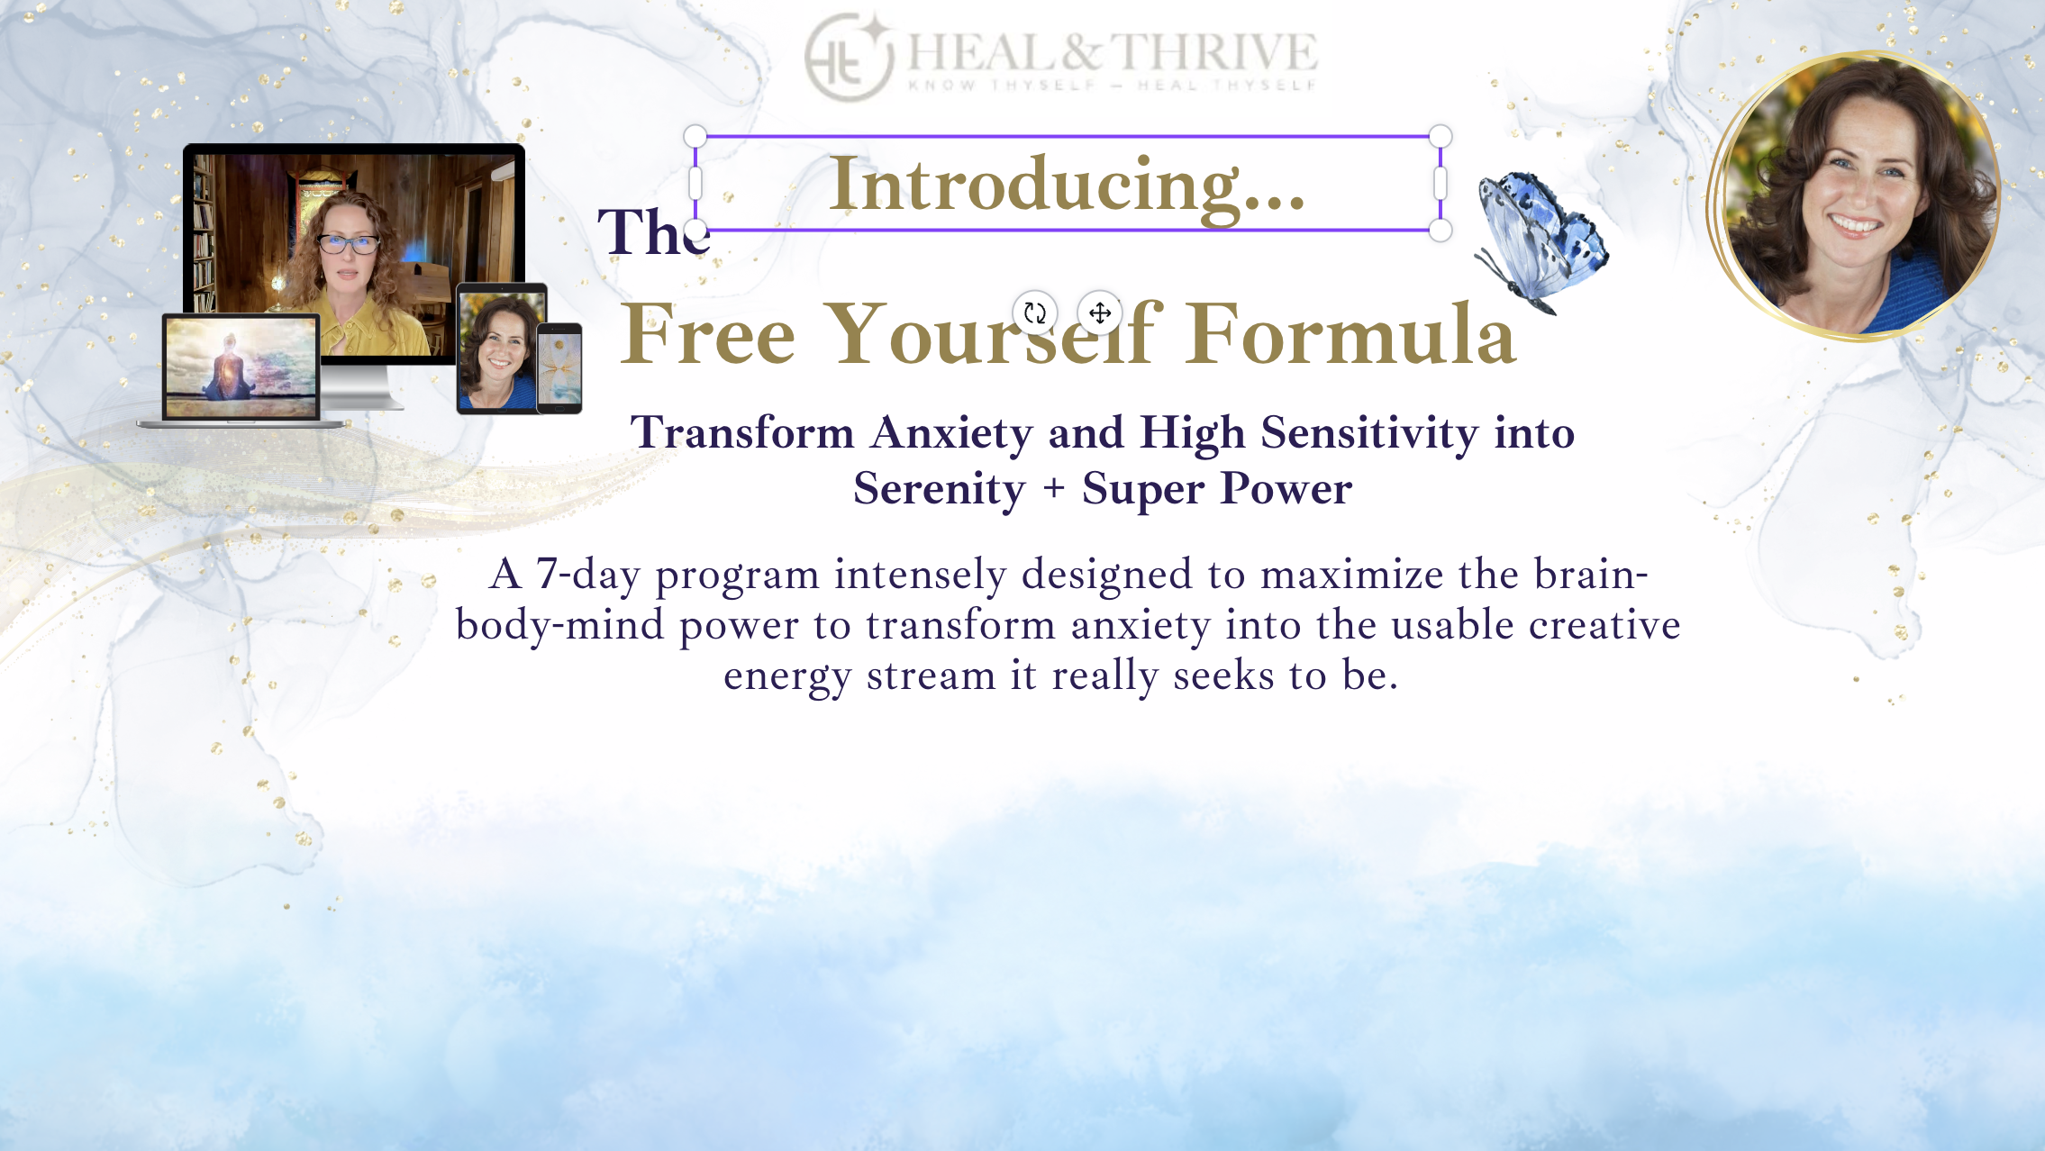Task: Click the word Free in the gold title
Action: pyautogui.click(x=708, y=335)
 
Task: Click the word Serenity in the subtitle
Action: pyautogui.click(x=939, y=489)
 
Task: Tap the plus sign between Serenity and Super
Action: pyautogui.click(x=1053, y=489)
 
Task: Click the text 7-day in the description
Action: pyautogui.click(x=587, y=575)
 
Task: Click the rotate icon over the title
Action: pyautogui.click(x=1034, y=313)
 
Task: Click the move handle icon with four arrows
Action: pyautogui.click(x=1100, y=313)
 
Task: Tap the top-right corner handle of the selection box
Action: pyautogui.click(x=1441, y=136)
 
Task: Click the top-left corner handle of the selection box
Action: pyautogui.click(x=695, y=136)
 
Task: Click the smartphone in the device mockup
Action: pyautogui.click(x=559, y=367)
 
